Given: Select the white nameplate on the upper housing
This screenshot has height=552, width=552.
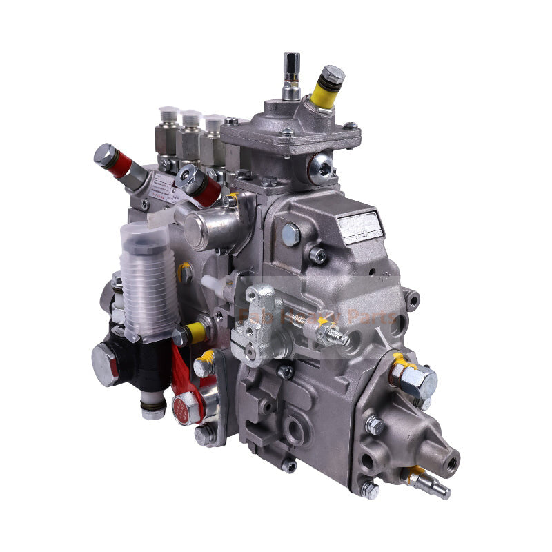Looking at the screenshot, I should click(359, 226).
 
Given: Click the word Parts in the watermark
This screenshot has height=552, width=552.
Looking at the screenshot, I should click(372, 319).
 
